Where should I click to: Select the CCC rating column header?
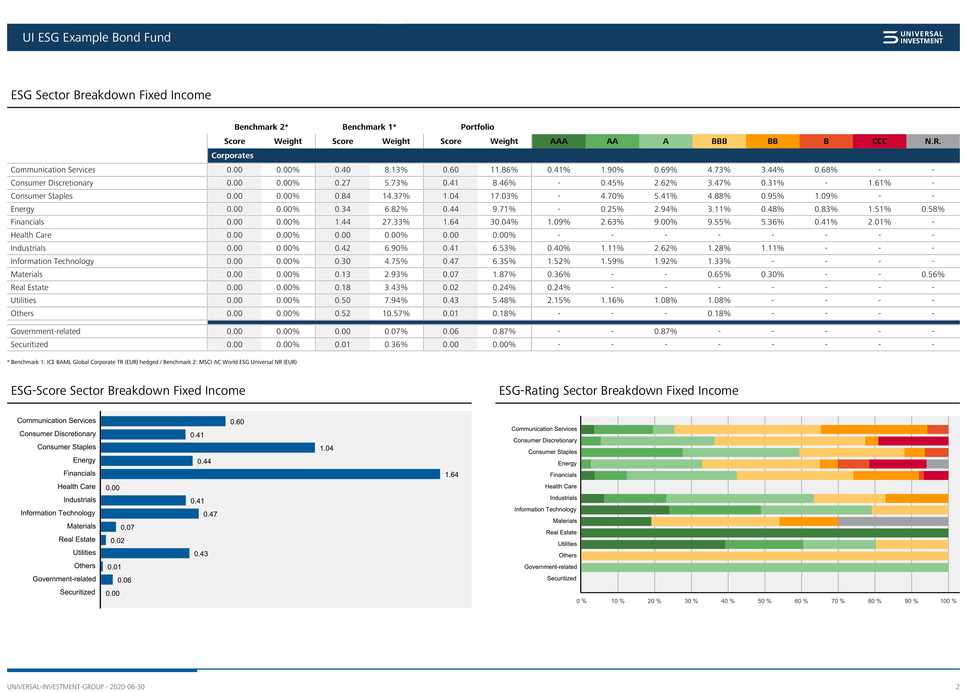[x=879, y=141]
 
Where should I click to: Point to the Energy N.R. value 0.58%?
[x=933, y=209]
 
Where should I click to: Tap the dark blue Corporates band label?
[x=232, y=156]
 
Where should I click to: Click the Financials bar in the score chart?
[x=270, y=474]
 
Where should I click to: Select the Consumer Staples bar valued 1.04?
[x=208, y=447]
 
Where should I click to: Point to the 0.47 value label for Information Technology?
[x=210, y=514]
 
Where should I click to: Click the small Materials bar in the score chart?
[x=108, y=527]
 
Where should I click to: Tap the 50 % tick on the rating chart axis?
[x=764, y=601]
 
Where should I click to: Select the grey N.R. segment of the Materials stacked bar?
[x=893, y=521]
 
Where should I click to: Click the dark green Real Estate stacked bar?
[x=764, y=533]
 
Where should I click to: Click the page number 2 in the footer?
[x=957, y=687]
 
